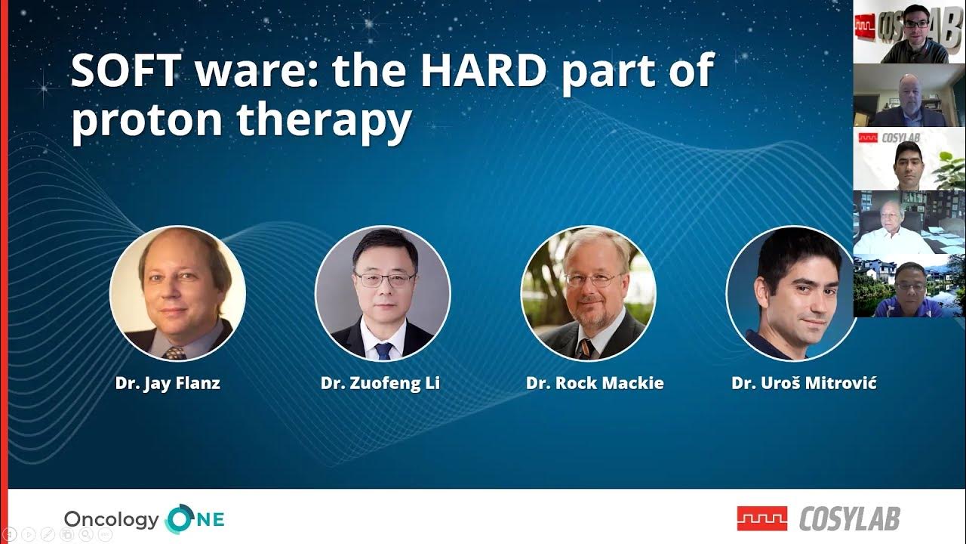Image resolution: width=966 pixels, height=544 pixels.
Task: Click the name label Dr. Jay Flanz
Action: [168, 383]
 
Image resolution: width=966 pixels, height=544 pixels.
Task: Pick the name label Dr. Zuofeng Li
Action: [380, 383]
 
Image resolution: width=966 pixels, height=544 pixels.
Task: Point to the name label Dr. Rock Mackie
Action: [595, 383]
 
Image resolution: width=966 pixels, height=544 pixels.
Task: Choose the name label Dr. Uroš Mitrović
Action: [804, 383]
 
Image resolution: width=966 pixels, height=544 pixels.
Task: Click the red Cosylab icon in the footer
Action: [762, 518]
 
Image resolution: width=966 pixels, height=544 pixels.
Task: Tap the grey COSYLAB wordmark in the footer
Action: [850, 518]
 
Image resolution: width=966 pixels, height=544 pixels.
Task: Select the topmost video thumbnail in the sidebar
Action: [909, 32]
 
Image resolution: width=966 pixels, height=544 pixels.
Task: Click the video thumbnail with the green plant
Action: [909, 159]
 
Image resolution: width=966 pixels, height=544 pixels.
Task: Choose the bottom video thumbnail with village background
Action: [909, 286]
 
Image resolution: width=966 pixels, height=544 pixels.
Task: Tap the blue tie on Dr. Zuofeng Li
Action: [383, 351]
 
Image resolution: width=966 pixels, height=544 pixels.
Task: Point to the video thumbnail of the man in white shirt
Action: [909, 222]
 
